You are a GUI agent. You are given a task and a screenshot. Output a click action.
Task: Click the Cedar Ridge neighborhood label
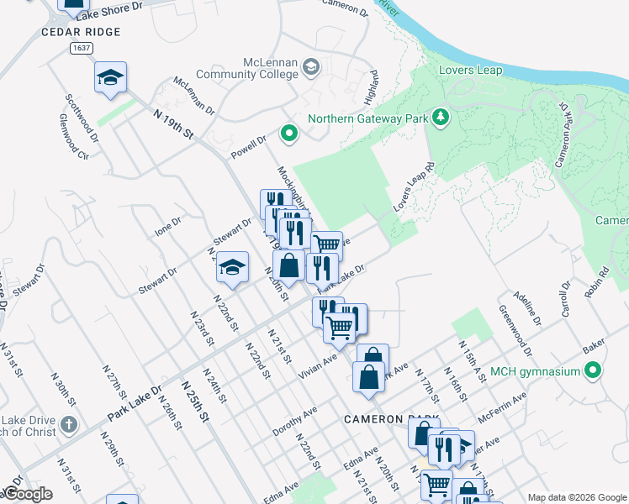(81, 32)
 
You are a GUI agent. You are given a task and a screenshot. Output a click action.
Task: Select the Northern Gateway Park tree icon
(439, 116)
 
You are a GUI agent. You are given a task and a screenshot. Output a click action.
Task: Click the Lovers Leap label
(470, 70)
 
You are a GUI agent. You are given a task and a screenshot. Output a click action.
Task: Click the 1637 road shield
(82, 49)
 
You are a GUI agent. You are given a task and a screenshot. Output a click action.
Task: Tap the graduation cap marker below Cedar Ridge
(110, 78)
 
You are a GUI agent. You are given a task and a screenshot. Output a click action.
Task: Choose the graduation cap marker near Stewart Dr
(232, 268)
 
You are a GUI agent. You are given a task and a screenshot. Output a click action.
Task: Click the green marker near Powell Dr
(289, 133)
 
